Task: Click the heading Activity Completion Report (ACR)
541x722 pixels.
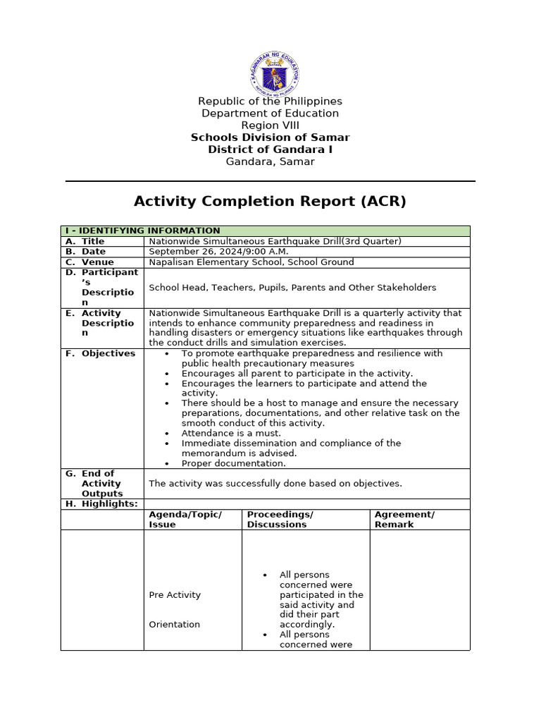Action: (x=270, y=202)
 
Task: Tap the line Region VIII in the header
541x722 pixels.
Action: (x=270, y=126)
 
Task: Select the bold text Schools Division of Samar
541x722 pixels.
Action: (x=270, y=137)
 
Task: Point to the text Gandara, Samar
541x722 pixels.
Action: (x=270, y=161)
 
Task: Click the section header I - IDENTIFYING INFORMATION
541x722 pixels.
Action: (x=142, y=231)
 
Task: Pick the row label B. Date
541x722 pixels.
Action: (x=86, y=252)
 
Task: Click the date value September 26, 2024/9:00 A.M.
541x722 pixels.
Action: (x=219, y=252)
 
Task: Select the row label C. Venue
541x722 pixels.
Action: (x=89, y=262)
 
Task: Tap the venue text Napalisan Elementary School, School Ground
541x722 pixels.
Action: (x=251, y=262)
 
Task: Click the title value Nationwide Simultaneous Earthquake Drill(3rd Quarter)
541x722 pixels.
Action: (x=275, y=241)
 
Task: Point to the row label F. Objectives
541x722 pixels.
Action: (x=101, y=353)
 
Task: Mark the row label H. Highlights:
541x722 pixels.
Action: (x=102, y=504)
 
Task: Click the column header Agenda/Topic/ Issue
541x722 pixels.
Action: (x=185, y=520)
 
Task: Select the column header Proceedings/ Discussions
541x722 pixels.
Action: (x=280, y=520)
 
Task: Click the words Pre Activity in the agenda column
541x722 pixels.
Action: (x=175, y=595)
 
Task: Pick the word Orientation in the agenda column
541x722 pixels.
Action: (x=174, y=625)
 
